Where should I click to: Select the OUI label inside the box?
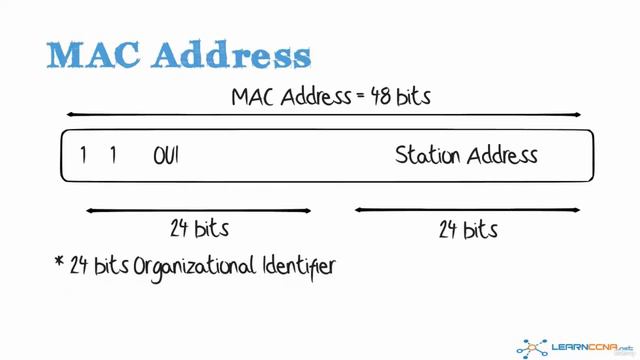(x=165, y=156)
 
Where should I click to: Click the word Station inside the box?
(x=427, y=155)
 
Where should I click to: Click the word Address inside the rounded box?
(x=502, y=155)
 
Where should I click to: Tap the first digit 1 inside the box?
(x=84, y=156)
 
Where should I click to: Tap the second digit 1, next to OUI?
(x=113, y=156)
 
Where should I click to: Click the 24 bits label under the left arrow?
(x=198, y=229)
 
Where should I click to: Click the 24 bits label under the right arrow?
(x=467, y=230)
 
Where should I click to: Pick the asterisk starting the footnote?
(x=59, y=265)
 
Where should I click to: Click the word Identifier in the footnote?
(x=297, y=266)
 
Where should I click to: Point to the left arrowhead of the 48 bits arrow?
(x=69, y=115)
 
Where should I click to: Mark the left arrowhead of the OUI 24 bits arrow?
(x=91, y=210)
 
